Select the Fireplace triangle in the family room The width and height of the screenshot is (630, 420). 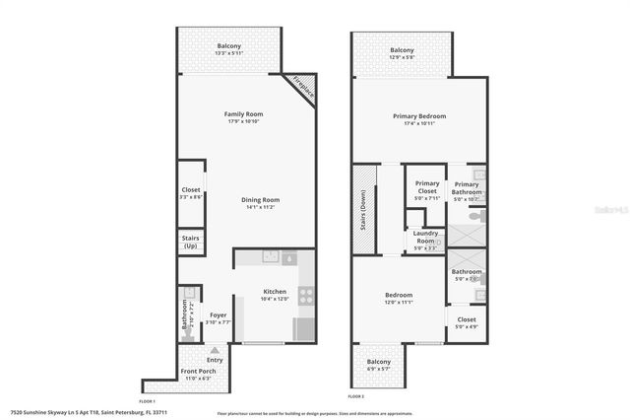point(302,86)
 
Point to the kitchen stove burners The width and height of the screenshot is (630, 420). point(306,293)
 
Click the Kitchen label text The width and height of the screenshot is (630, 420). point(275,292)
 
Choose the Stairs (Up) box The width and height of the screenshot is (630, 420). point(191,242)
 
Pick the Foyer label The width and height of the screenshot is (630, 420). point(219,315)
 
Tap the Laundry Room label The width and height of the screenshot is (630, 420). point(424,238)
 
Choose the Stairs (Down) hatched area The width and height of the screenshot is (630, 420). point(364,206)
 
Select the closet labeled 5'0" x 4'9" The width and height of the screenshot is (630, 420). point(467,321)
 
